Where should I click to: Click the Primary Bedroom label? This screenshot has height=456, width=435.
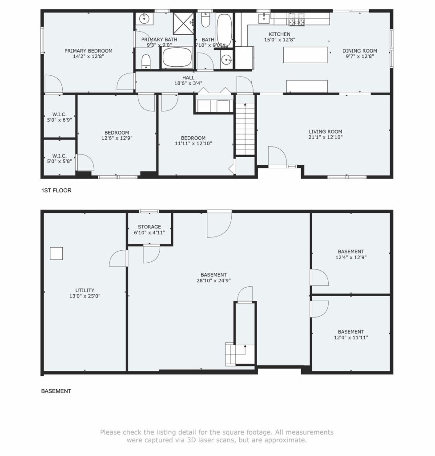pyautogui.click(x=88, y=51)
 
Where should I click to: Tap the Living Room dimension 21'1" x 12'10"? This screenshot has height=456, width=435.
pyautogui.click(x=325, y=137)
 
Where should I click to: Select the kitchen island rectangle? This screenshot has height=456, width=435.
pyautogui.click(x=305, y=55)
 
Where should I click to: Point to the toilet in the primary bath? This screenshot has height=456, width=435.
pyautogui.click(x=146, y=62)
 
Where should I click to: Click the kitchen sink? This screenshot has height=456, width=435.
pyautogui.click(x=264, y=19)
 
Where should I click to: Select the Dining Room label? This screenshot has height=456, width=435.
pyautogui.click(x=359, y=51)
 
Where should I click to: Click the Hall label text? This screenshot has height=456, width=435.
pyautogui.click(x=188, y=77)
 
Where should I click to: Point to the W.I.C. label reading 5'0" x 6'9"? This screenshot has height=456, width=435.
pyautogui.click(x=59, y=117)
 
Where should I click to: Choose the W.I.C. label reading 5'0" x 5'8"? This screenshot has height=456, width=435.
pyautogui.click(x=59, y=159)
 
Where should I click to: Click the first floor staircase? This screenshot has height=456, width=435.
pyautogui.click(x=245, y=128)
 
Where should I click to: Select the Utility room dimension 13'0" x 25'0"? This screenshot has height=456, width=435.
pyautogui.click(x=85, y=296)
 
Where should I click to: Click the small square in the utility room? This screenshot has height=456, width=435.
pyautogui.click(x=56, y=253)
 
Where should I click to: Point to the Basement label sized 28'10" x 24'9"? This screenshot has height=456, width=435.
pyautogui.click(x=213, y=278)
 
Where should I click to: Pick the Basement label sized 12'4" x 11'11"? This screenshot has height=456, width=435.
pyautogui.click(x=351, y=335)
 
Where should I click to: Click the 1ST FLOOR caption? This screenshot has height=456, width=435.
pyautogui.click(x=56, y=191)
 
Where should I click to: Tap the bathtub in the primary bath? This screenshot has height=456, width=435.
pyautogui.click(x=177, y=57)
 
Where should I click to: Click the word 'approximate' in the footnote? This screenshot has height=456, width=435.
pyautogui.click(x=286, y=440)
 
